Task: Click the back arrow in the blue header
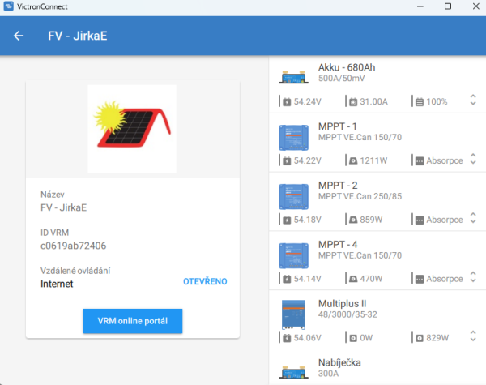click(x=19, y=36)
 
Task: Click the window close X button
click(x=471, y=6)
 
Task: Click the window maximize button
click(x=448, y=6)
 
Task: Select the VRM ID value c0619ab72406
click(x=73, y=246)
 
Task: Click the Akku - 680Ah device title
click(x=347, y=67)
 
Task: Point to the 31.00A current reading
click(x=373, y=101)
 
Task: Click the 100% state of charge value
click(x=437, y=101)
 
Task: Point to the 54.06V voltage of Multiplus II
click(x=307, y=337)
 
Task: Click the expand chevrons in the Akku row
click(x=473, y=101)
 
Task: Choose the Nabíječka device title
click(x=339, y=362)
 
